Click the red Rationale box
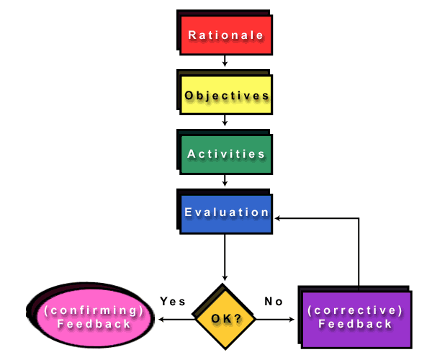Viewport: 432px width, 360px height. (225, 35)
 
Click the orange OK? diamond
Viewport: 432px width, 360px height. (226, 318)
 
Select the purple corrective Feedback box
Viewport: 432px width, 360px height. (355, 318)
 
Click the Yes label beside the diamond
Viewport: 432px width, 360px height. (173, 302)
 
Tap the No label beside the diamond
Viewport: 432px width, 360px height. (274, 302)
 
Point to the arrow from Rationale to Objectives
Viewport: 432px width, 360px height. (225, 61)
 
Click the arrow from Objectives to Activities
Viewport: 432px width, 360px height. (225, 121)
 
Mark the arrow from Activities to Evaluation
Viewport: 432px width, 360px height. (225, 180)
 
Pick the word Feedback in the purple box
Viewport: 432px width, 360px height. (355, 324)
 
